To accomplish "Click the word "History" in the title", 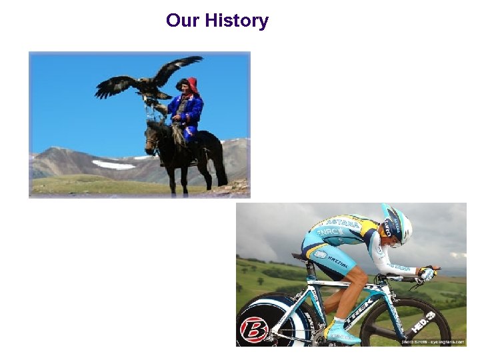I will pyautogui.click(x=237, y=21).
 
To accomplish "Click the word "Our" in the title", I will pyautogui.click(x=183, y=21).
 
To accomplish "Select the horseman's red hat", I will pyautogui.click(x=191, y=85).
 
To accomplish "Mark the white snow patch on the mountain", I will pyautogui.click(x=113, y=164).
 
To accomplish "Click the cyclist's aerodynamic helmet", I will pyautogui.click(x=397, y=223).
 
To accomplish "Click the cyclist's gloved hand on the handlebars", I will pyautogui.click(x=425, y=273).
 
